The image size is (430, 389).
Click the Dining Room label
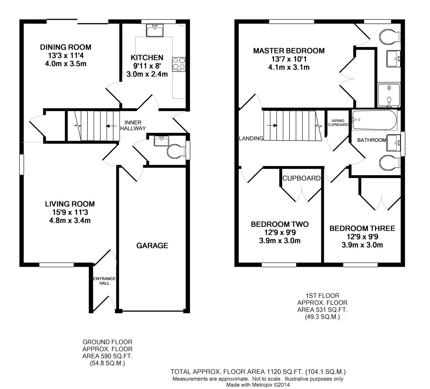(x=66, y=47)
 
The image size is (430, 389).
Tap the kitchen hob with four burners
(x=179, y=64)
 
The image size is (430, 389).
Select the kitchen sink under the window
(x=155, y=30)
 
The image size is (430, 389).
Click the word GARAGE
(x=152, y=246)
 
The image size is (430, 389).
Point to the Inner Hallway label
(x=133, y=126)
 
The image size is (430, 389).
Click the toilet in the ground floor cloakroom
(x=176, y=151)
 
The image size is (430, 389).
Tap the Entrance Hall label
(x=104, y=281)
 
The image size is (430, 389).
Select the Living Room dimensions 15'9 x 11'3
(x=70, y=212)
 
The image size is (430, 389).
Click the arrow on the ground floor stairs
(x=110, y=126)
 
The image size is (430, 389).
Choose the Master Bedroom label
(x=289, y=51)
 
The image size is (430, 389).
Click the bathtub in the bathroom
(x=374, y=120)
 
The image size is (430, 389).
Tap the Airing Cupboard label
(x=338, y=123)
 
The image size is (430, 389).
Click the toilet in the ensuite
(x=389, y=36)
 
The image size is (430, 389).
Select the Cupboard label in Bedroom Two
(x=301, y=178)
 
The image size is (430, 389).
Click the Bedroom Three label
(x=362, y=228)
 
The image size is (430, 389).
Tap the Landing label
(x=251, y=139)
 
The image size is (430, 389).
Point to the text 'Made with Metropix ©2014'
(x=258, y=385)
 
